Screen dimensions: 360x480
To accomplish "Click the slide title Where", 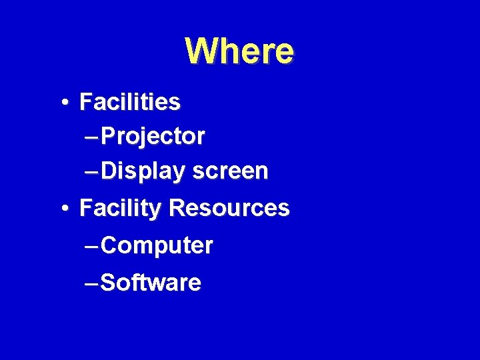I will pyautogui.click(x=239, y=51).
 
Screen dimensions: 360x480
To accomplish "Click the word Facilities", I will pyautogui.click(x=129, y=102).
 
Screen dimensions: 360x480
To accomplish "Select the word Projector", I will pyautogui.click(x=154, y=137).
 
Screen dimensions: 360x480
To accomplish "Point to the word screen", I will pyautogui.click(x=230, y=171).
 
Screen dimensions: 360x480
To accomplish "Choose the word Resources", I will pyautogui.click(x=229, y=208).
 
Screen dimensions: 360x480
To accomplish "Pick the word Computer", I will pyautogui.click(x=158, y=246).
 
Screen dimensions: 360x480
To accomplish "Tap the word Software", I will pyautogui.click(x=152, y=282).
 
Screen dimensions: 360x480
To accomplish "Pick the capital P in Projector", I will pyautogui.click(x=111, y=137).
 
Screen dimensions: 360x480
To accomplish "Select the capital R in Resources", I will pyautogui.click(x=177, y=208).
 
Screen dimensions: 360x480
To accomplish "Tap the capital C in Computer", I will pyautogui.click(x=112, y=246).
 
